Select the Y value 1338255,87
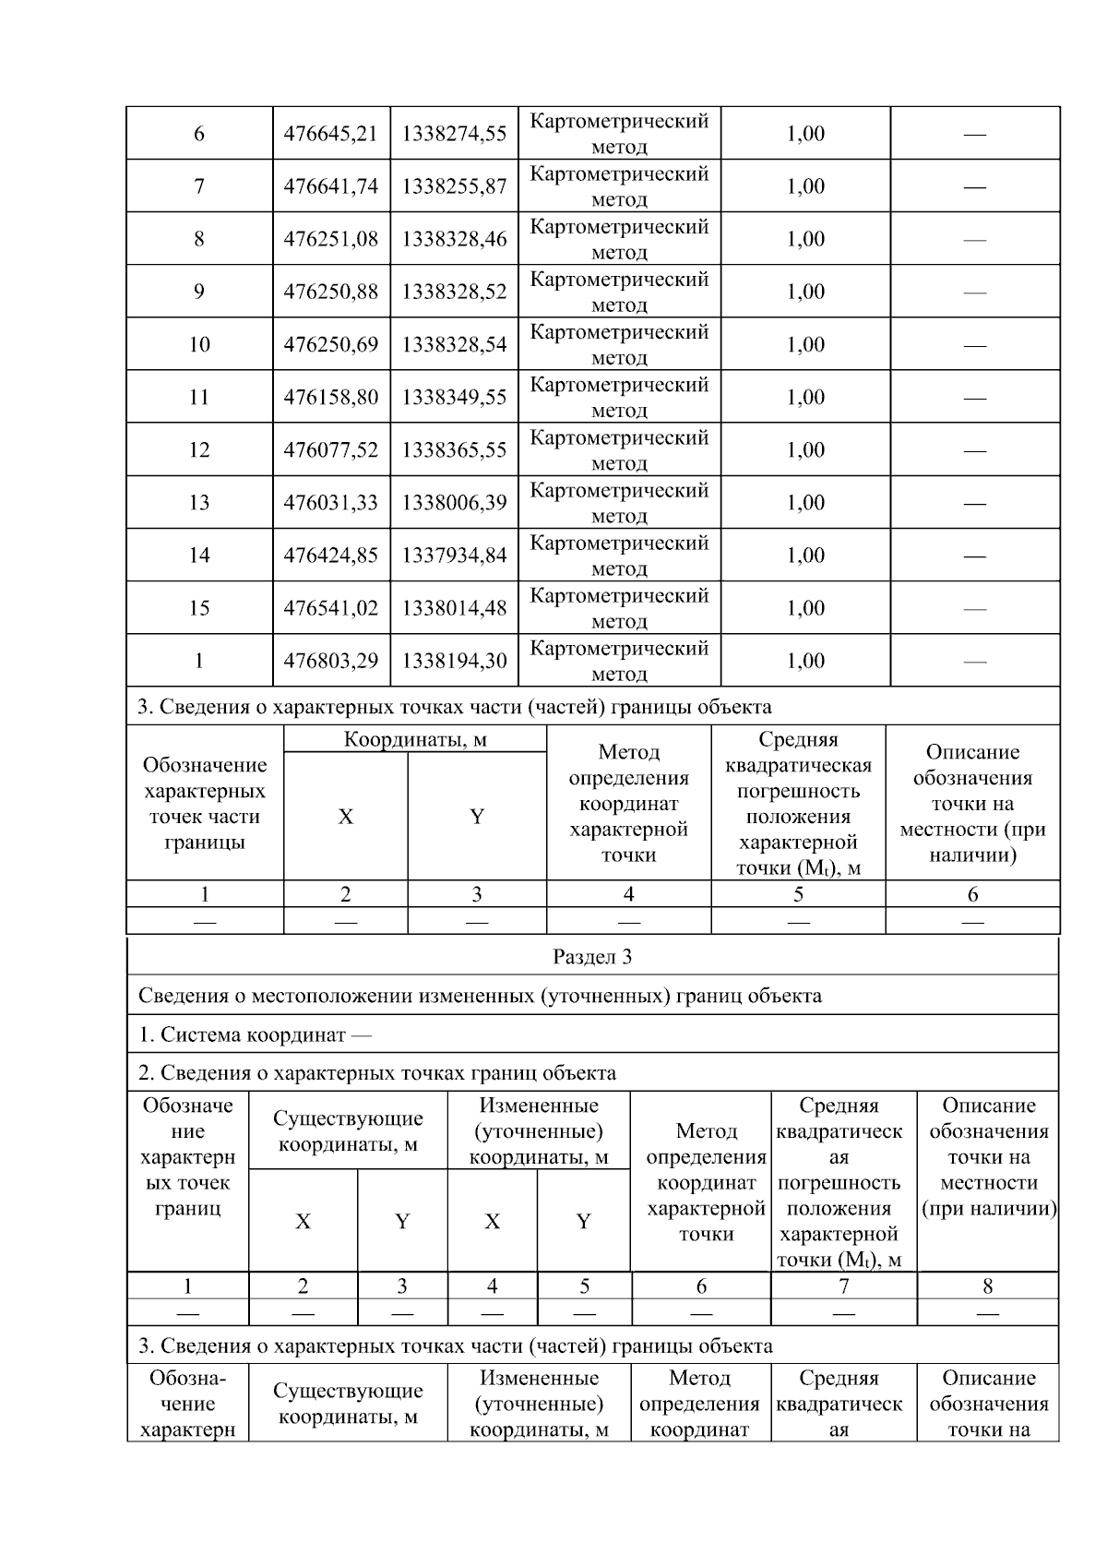tap(454, 186)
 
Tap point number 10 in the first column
tap(199, 345)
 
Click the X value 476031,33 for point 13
tap(330, 503)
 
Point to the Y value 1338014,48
tap(454, 608)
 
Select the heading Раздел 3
tap(592, 957)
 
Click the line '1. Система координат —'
tap(255, 1034)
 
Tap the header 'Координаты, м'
tap(415, 740)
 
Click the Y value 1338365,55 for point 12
tap(454, 450)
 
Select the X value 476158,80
tap(330, 398)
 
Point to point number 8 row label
tap(199, 240)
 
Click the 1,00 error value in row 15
tap(805, 608)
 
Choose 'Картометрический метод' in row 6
tap(619, 134)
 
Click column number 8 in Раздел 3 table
tap(987, 1286)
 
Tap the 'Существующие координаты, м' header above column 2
tap(348, 1131)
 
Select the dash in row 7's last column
tap(974, 187)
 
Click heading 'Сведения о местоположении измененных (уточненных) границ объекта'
tap(480, 996)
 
